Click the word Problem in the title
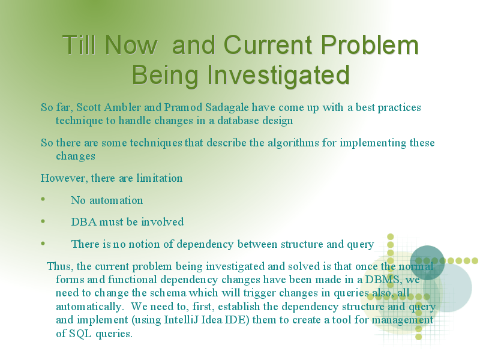pos(370,44)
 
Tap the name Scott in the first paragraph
pos(88,107)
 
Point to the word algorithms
pos(293,143)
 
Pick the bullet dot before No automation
pos(43,199)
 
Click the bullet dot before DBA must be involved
pos(43,221)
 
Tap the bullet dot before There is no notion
pos(43,244)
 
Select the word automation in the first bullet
pos(116,200)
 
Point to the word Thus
pos(60,266)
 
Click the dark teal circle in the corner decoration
pos(427,263)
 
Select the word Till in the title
pos(81,44)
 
